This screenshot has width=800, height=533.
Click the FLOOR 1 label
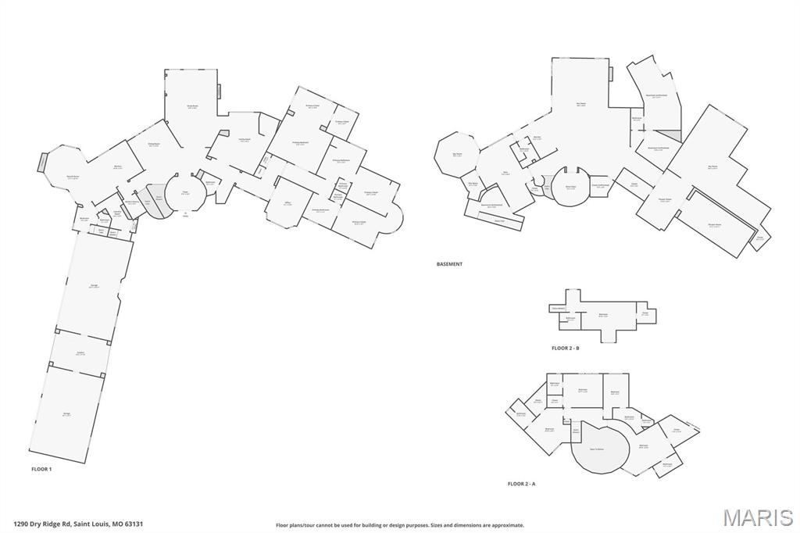point(41,469)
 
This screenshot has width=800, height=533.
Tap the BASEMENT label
point(449,264)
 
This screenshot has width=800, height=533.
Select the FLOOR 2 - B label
point(565,348)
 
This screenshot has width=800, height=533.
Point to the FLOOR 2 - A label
point(521,484)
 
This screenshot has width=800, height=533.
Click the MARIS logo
point(757,517)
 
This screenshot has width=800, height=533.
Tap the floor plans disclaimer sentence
point(399,525)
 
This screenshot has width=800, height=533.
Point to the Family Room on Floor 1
point(245,141)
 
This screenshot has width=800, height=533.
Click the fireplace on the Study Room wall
point(219,91)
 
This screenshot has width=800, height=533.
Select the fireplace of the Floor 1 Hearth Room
point(41,163)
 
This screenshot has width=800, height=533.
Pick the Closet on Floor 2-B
point(645,313)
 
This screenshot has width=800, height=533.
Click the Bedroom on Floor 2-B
point(603,315)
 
